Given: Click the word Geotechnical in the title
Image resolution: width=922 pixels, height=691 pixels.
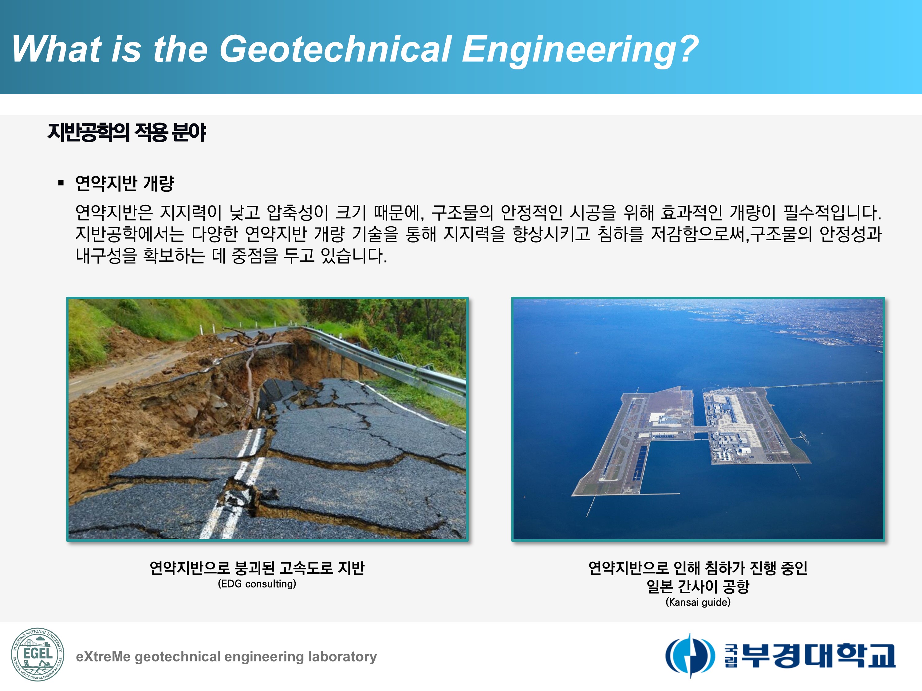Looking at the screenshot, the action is [x=336, y=49].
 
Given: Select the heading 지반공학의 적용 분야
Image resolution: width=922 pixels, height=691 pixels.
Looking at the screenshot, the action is [x=127, y=132].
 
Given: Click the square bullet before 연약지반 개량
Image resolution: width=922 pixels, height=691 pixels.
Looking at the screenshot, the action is [x=61, y=183].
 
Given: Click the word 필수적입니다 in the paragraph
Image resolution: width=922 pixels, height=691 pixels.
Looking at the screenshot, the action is [x=832, y=213].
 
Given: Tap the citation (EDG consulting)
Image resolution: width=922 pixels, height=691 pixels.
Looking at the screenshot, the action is [x=257, y=584].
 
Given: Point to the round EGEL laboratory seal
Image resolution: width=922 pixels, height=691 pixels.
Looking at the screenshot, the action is [x=37, y=655].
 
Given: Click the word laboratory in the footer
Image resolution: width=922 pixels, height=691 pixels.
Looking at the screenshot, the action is [x=343, y=657].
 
